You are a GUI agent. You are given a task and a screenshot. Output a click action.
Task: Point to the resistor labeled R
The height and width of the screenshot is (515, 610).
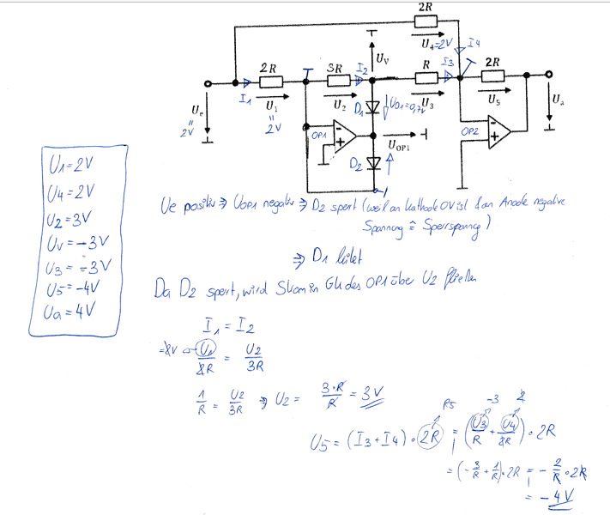pyautogui.click(x=426, y=78)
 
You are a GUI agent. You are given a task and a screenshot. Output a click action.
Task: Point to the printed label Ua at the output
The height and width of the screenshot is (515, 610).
pyautogui.click(x=559, y=100)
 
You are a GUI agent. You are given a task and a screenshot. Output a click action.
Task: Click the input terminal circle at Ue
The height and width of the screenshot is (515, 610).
pyautogui.click(x=208, y=83)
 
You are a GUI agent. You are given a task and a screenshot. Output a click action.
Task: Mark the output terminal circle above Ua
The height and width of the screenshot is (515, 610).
pyautogui.click(x=549, y=74)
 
